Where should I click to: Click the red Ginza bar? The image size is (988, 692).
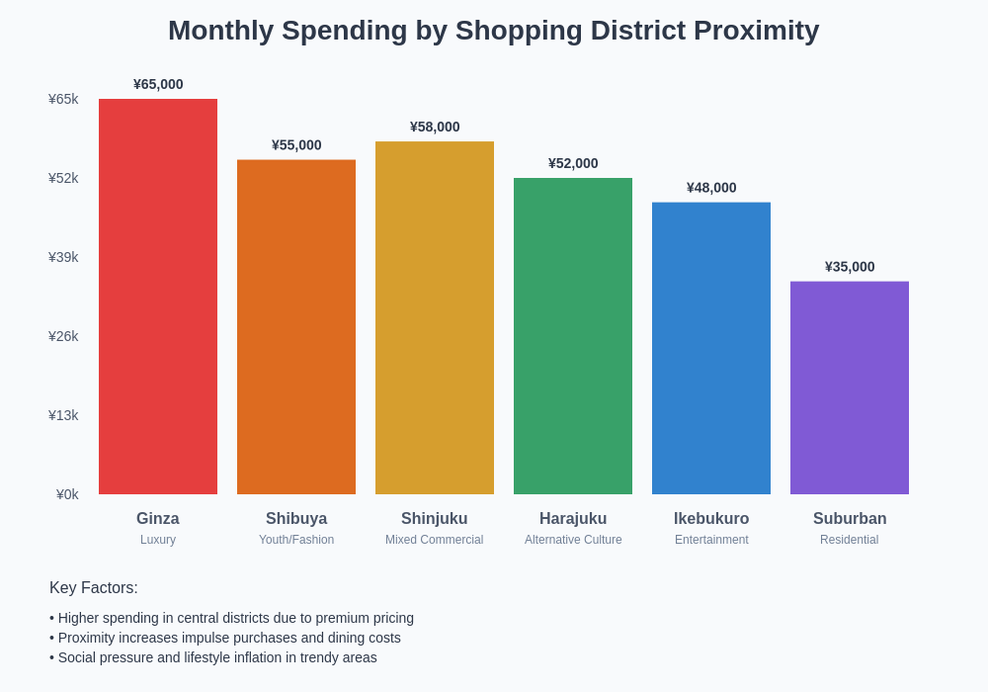pyautogui.click(x=158, y=297)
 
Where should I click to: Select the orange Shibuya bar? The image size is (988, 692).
pyautogui.click(x=296, y=326)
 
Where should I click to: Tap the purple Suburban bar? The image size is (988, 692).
pyautogui.click(x=850, y=388)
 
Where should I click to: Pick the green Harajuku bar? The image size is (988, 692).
pyautogui.click(x=573, y=336)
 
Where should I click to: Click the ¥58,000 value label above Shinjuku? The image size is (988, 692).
pyautogui.click(x=435, y=127)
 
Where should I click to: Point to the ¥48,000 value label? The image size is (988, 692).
pyautogui.click(x=711, y=188)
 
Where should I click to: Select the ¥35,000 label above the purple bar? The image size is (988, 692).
pyautogui.click(x=850, y=267)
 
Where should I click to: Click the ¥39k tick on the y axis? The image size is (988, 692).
pyautogui.click(x=63, y=257)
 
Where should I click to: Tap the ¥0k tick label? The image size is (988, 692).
pyautogui.click(x=67, y=494)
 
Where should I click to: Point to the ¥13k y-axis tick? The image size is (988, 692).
pyautogui.click(x=63, y=415)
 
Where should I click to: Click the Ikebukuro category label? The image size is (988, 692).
pyautogui.click(x=711, y=519)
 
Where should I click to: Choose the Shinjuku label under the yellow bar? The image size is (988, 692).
pyautogui.click(x=435, y=519)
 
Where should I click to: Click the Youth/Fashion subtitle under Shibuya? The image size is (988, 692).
pyautogui.click(x=296, y=540)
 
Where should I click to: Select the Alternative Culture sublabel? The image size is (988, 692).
pyautogui.click(x=573, y=540)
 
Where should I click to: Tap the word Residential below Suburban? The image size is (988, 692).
pyautogui.click(x=849, y=540)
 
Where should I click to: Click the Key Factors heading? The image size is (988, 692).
pyautogui.click(x=94, y=588)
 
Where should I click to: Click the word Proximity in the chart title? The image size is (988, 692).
pyautogui.click(x=756, y=31)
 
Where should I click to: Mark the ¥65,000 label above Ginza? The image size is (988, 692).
pyautogui.click(x=158, y=84)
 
